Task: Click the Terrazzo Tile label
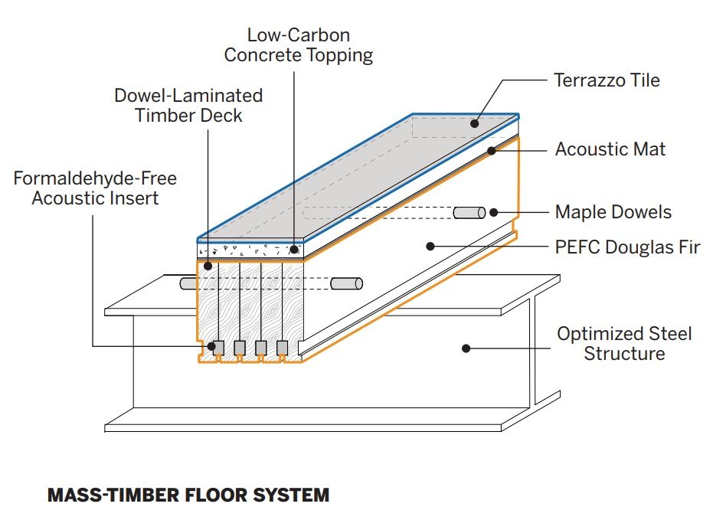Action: pos(606,80)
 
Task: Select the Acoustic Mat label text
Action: pos(610,149)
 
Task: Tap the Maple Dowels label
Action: pos(612,211)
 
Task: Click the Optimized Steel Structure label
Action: pos(624,343)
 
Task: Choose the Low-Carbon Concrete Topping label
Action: pos(309,45)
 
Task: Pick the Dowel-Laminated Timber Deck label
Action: pos(188,105)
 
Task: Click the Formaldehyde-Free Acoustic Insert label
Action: pos(95,188)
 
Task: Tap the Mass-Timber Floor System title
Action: pos(188,495)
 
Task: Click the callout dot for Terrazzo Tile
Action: pos(475,123)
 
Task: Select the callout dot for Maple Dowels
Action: pos(494,212)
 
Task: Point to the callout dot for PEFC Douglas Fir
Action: pos(430,247)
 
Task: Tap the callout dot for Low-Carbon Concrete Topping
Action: pos(294,249)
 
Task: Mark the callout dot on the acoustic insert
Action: pos(211,347)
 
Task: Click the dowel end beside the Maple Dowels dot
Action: pos(469,212)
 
